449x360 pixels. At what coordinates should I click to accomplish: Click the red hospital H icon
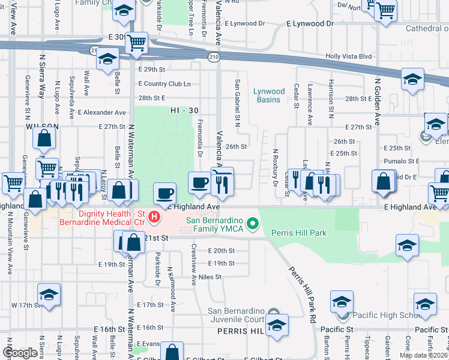155,216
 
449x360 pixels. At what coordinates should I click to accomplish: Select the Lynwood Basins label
268,95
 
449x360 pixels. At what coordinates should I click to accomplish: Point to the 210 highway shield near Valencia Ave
214,56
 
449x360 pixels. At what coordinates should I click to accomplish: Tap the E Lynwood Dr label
310,23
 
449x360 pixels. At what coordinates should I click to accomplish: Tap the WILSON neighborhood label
42,127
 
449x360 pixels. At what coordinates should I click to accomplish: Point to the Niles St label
210,277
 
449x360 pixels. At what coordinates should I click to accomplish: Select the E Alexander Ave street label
105,112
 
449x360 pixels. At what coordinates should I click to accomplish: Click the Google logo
19,353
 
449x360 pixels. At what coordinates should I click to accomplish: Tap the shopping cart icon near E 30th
137,42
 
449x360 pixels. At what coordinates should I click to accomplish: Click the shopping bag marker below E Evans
173,353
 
